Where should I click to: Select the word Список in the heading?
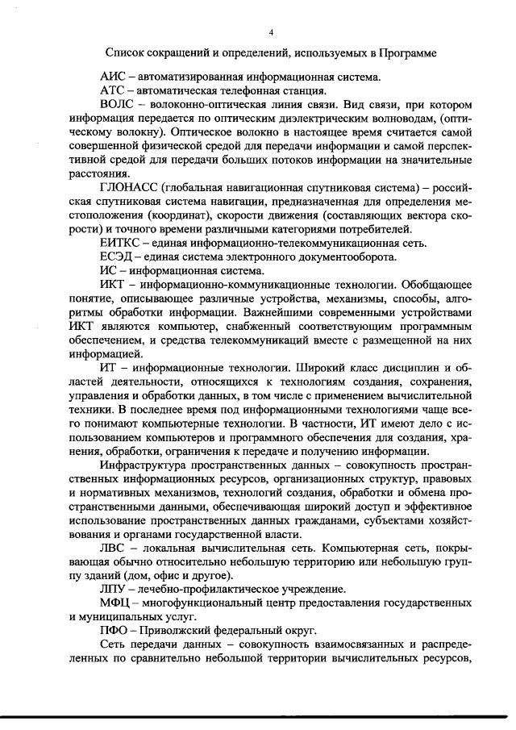(128, 54)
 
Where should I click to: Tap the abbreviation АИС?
(112, 77)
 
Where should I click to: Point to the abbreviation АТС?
(112, 91)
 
